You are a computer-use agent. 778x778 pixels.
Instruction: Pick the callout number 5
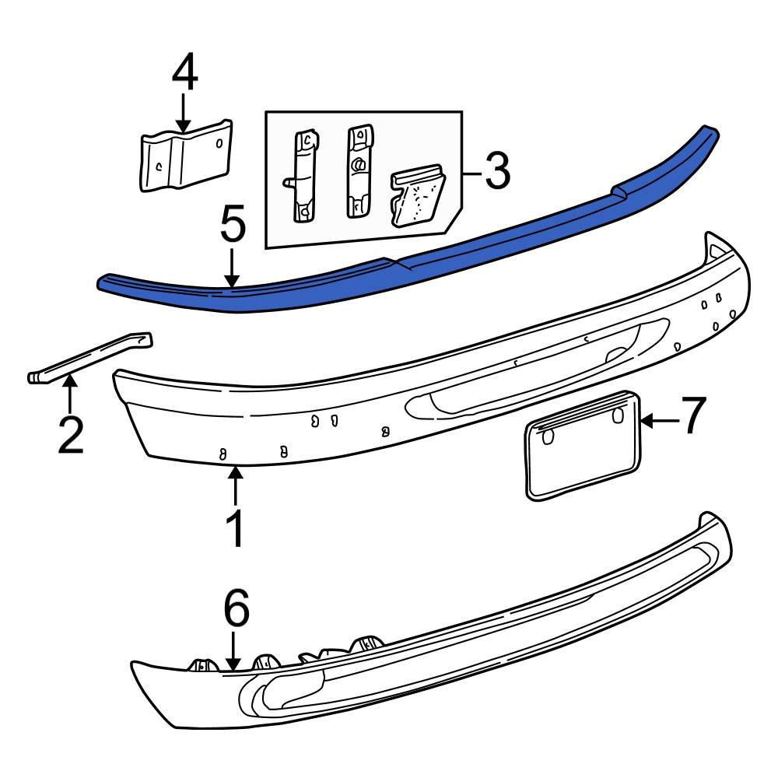[233, 226]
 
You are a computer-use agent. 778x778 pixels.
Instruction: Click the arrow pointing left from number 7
[657, 422]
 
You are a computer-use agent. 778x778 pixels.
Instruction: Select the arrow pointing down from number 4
[184, 113]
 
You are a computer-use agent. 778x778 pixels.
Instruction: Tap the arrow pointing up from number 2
[70, 393]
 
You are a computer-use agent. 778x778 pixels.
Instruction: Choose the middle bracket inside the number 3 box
[359, 171]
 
